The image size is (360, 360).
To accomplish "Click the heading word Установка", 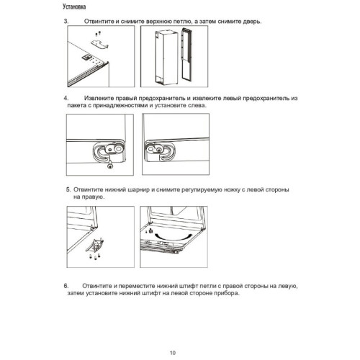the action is coord(74,6).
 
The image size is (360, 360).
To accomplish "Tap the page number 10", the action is coord(173,353).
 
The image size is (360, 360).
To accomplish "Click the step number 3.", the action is coord(66,21).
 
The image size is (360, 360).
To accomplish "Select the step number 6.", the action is coord(66,286).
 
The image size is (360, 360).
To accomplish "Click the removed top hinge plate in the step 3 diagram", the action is coord(99,45).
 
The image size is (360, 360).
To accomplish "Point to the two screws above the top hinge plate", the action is coord(98,33).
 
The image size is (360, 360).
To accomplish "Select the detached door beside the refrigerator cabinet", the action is coord(189,56).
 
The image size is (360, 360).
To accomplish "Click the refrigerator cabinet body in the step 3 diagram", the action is coord(166,58).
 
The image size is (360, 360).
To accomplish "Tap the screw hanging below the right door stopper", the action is coord(110,165).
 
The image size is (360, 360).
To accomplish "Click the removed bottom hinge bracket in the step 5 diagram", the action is coord(96,245).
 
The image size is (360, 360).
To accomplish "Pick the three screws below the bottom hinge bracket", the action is coord(94,256).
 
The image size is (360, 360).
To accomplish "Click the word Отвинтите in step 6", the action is coord(97,286).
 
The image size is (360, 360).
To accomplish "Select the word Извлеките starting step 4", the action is coord(99,98).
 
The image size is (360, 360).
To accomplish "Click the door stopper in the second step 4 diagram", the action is coord(160,151).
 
